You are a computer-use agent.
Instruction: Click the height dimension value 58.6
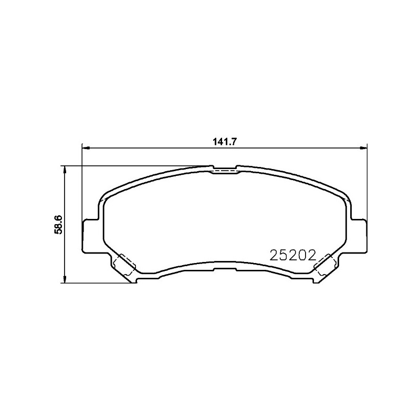tap(58, 225)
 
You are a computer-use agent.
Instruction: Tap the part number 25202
tap(293, 255)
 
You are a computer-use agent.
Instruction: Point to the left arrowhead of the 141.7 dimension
tap(85, 148)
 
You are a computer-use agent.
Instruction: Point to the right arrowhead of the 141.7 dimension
tap(363, 148)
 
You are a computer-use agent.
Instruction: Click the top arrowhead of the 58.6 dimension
tap(64, 170)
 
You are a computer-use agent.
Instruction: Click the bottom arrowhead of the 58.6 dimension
tap(64, 279)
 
